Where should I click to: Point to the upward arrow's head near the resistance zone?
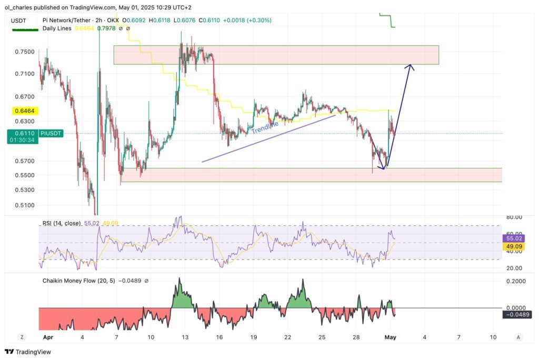(x=411, y=66)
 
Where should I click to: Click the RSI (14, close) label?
(x=62, y=223)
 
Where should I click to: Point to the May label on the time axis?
(x=390, y=337)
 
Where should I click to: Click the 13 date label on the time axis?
(x=185, y=337)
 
